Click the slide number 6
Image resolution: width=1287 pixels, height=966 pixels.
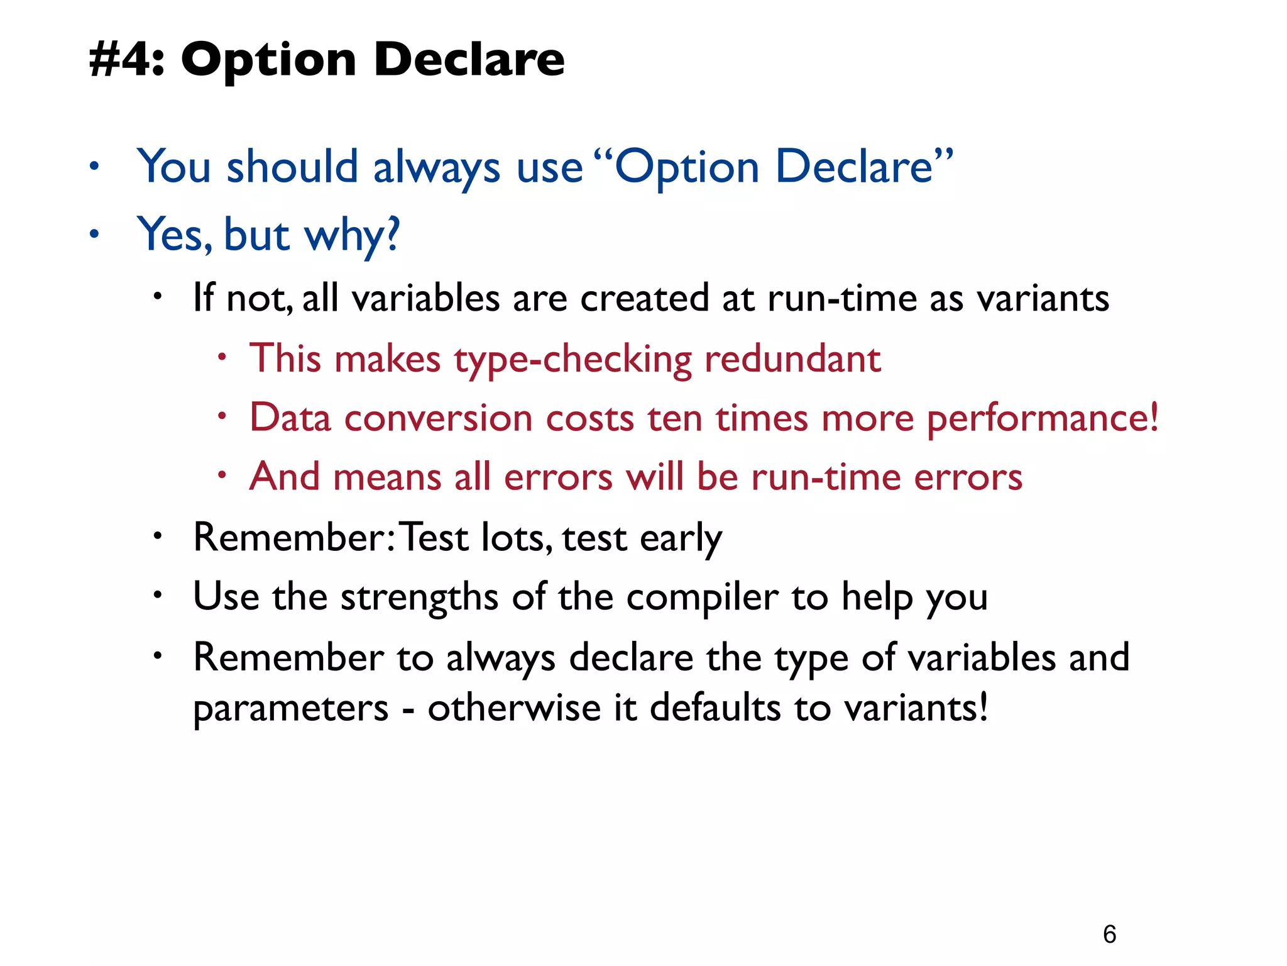pyautogui.click(x=1109, y=934)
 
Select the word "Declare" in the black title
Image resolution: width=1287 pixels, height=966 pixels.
pyautogui.click(x=469, y=60)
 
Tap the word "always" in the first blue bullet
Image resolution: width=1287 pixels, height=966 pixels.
pyautogui.click(x=437, y=168)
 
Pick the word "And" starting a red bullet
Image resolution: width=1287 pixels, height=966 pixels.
pyautogui.click(x=285, y=476)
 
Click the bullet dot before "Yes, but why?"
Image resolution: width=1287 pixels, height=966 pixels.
pyautogui.click(x=94, y=235)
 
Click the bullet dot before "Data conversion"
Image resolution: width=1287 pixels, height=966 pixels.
pyautogui.click(x=221, y=416)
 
